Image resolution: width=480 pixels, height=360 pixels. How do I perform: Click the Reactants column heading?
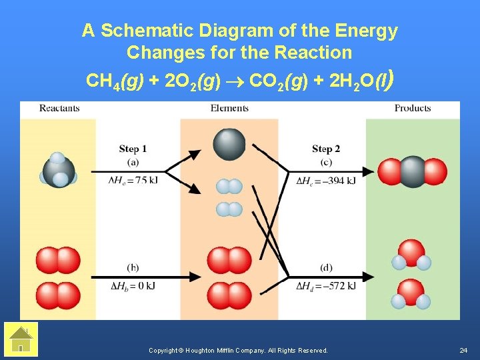tap(59, 108)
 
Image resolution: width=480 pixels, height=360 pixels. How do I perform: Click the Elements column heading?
tap(229, 108)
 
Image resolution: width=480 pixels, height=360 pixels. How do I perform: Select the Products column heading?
tap(413, 108)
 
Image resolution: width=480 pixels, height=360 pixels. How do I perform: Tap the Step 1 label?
tap(133, 149)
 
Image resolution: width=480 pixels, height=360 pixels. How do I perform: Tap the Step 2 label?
tap(326, 149)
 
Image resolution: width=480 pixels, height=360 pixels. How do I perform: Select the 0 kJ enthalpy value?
tap(141, 286)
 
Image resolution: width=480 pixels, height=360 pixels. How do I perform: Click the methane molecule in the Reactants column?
tap(59, 170)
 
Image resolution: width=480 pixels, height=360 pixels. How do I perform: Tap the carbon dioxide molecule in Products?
tap(412, 171)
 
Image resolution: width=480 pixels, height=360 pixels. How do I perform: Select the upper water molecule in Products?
tap(411, 255)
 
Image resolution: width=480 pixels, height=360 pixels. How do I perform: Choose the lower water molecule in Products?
tap(411, 294)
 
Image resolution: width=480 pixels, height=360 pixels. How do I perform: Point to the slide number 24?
tap(464, 350)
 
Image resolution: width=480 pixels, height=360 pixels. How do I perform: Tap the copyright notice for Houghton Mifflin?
tap(238, 350)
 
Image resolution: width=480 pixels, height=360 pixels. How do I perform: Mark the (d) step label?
tap(326, 268)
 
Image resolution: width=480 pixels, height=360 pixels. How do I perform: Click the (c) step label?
tap(326, 162)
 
